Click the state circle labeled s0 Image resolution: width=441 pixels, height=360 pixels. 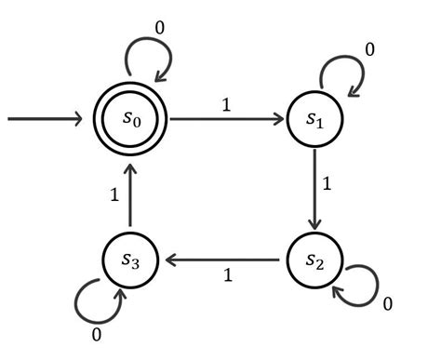pos(130,120)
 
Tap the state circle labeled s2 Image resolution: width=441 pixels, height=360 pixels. pos(315,257)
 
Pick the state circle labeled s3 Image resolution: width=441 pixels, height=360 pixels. pos(130,257)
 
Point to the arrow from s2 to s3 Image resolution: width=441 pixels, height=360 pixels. pos(223,258)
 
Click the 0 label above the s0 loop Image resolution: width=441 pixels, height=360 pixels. pos(160,28)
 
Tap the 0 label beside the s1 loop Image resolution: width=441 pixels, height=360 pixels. pos(370,48)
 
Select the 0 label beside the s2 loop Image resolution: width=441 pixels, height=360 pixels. pos(388,304)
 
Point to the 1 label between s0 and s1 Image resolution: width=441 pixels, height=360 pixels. pos(225,105)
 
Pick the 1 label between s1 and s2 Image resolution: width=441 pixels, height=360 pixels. pos(327,184)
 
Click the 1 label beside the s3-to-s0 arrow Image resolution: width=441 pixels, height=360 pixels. pos(114,196)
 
